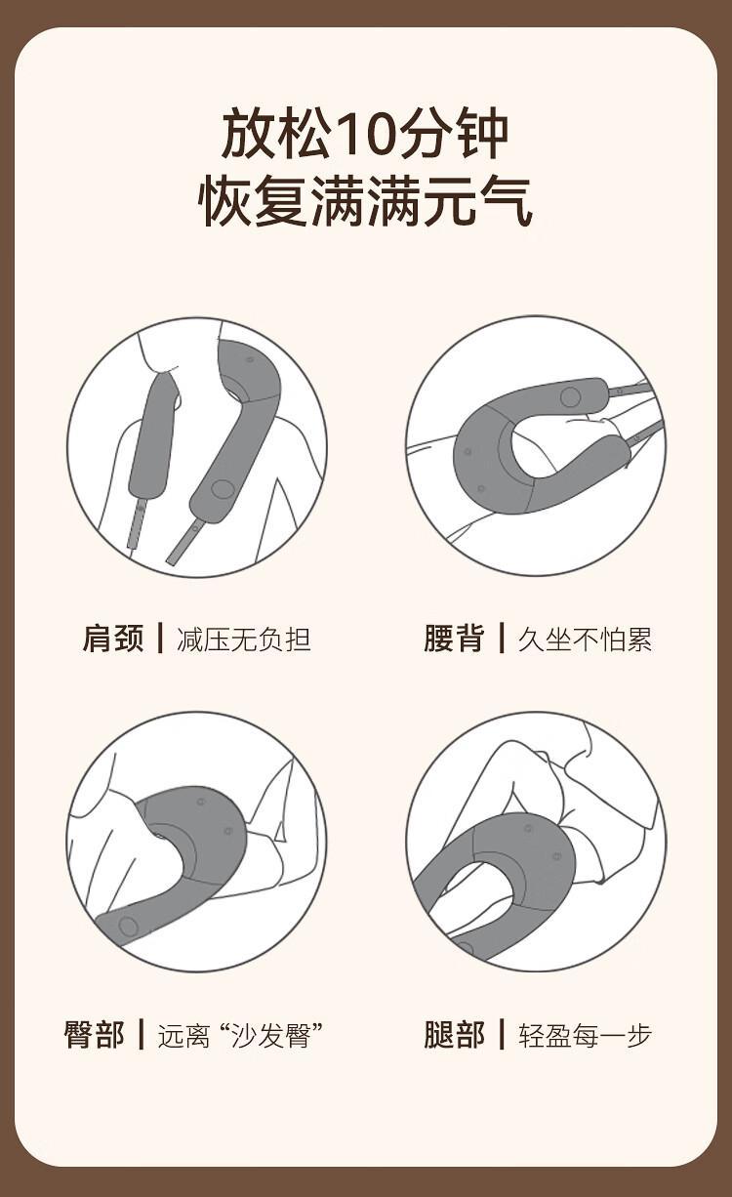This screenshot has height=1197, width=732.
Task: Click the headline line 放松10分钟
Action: [365, 133]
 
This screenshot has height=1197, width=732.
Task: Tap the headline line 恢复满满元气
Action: [365, 201]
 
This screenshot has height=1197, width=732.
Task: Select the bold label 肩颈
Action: [113, 639]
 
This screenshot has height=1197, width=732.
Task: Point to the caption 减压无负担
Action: [244, 639]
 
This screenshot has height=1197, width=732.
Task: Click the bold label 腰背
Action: [454, 639]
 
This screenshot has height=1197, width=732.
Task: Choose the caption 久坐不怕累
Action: [585, 639]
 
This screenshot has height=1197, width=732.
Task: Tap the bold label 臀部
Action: [94, 1035]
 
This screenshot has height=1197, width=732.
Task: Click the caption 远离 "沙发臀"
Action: [240, 1035]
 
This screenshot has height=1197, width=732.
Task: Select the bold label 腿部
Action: [454, 1035]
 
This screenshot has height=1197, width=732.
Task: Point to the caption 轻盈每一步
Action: [585, 1035]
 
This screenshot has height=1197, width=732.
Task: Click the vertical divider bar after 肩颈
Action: [160, 638]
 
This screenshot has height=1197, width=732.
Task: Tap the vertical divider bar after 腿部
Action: [502, 1034]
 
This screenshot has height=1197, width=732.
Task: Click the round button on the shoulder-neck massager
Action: [222, 488]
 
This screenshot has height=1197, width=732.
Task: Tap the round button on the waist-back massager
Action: [570, 397]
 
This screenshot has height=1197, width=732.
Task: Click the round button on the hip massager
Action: [128, 927]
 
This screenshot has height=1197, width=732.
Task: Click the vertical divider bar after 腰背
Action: [502, 638]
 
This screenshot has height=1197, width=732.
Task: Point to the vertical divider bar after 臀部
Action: [142, 1034]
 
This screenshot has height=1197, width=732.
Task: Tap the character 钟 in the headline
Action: [482, 133]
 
